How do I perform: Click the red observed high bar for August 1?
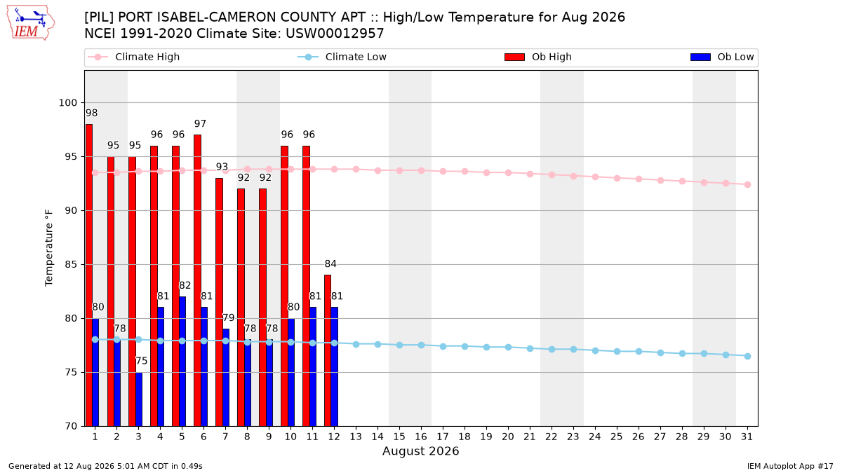(89, 275)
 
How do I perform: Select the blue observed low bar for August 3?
(139, 399)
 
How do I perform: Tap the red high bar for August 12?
(328, 350)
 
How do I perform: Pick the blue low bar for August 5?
(182, 362)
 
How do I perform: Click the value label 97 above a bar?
(201, 123)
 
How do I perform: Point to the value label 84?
(330, 264)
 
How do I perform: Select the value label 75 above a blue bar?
(141, 361)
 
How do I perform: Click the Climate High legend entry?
(134, 57)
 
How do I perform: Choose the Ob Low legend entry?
(722, 57)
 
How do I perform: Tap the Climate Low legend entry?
(342, 57)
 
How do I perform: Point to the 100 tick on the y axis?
(67, 103)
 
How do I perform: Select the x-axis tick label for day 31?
(747, 437)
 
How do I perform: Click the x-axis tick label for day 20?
(508, 437)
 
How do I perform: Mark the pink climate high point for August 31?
(748, 185)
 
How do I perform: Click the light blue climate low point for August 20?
(508, 348)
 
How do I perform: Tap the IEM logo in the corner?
(31, 23)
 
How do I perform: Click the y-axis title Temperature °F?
(49, 248)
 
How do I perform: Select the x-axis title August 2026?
(420, 451)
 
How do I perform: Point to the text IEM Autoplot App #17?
(790, 466)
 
